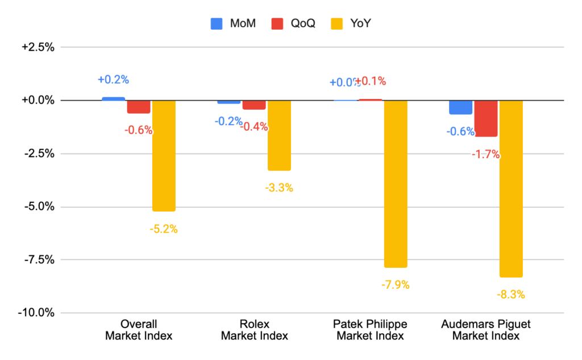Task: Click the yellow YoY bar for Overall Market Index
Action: pos(164,155)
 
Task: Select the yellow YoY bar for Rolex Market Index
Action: pos(279,135)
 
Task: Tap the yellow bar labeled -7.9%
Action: pos(395,184)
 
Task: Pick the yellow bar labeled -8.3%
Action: pos(511,188)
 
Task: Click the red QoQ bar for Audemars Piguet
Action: pos(486,118)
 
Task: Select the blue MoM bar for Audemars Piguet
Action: pos(460,107)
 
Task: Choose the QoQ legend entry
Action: pos(294,23)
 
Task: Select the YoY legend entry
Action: pos(353,23)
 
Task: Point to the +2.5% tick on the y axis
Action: pos(38,47)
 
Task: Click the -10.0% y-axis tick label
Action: pos(37,313)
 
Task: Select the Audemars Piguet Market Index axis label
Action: pos(486,330)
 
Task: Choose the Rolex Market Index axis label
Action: pos(254,330)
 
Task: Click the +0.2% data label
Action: pos(113,80)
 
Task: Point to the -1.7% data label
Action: pos(486,154)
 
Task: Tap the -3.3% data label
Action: pos(279,188)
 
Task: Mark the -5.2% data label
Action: pos(164,229)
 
